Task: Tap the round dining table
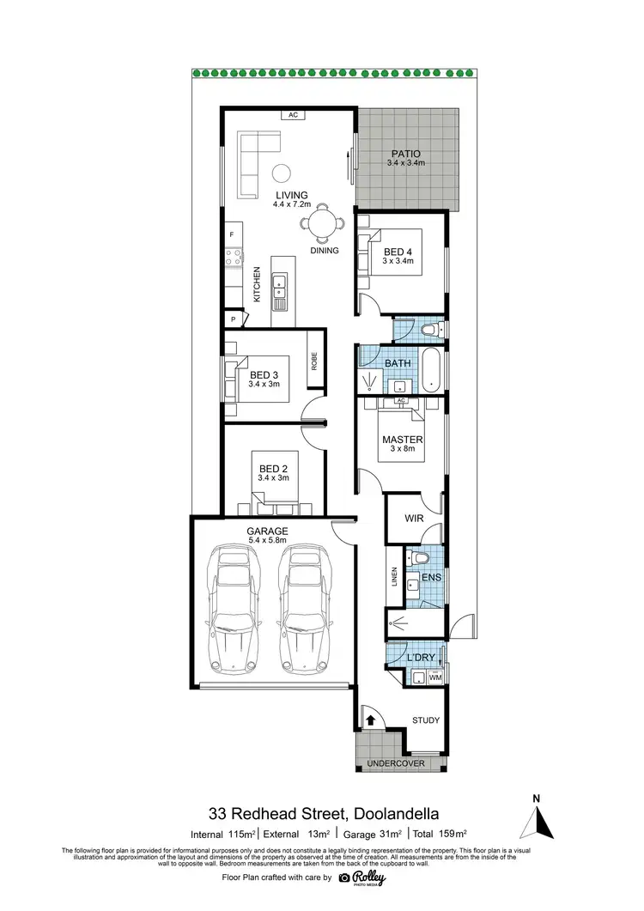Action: [320, 223]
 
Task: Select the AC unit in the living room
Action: [293, 115]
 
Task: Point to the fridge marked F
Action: [232, 234]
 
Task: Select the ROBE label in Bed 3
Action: [315, 361]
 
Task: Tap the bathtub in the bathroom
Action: [431, 371]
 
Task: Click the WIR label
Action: [414, 519]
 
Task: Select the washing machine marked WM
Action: [434, 678]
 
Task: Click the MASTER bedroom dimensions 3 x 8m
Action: [404, 452]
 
